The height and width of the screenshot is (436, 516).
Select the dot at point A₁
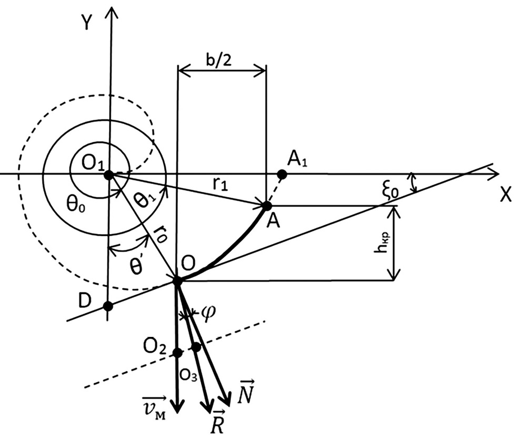point(281,174)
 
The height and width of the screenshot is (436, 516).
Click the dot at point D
point(108,306)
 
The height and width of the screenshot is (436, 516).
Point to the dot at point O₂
point(177,353)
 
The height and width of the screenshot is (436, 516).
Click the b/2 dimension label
point(219,60)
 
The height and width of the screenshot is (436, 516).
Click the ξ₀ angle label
point(391,191)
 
